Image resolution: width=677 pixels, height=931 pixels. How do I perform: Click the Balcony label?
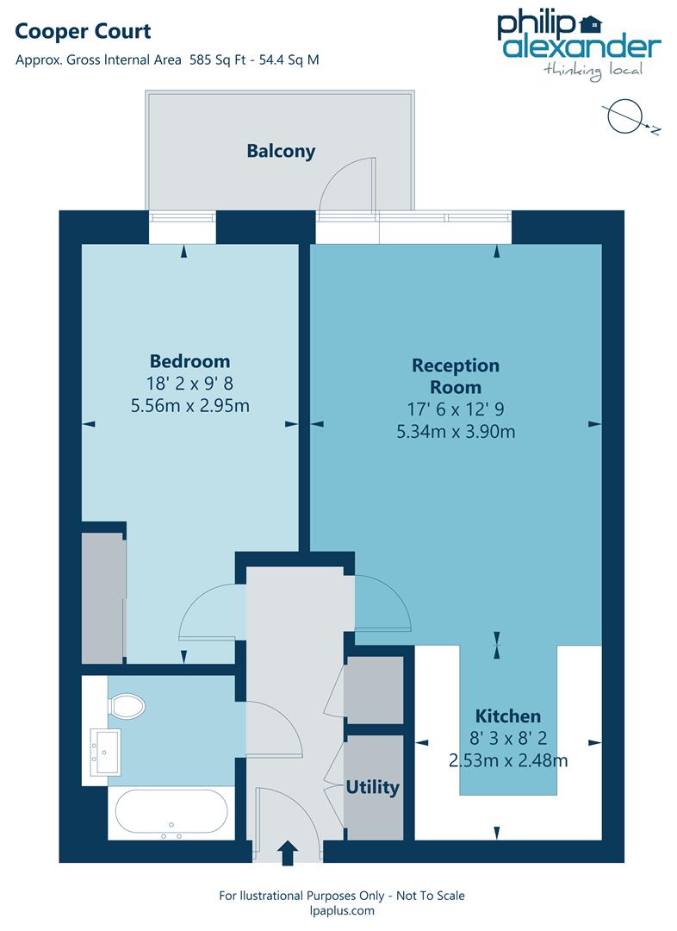[x=281, y=151]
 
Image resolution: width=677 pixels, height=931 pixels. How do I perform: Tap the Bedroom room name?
[x=189, y=360]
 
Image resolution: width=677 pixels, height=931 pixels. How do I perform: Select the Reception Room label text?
[x=455, y=376]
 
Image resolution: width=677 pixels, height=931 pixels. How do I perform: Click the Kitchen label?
[x=508, y=715]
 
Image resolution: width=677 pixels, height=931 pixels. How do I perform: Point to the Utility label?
[x=372, y=787]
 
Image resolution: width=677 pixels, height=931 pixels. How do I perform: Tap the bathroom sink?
[x=107, y=752]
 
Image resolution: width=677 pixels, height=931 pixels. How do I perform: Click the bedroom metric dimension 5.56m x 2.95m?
[x=189, y=405]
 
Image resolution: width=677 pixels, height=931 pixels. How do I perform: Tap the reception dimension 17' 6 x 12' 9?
[x=455, y=410]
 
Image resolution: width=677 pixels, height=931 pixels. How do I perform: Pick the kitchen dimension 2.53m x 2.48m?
[x=508, y=760]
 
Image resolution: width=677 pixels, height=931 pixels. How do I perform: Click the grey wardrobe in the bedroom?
[x=102, y=597]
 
